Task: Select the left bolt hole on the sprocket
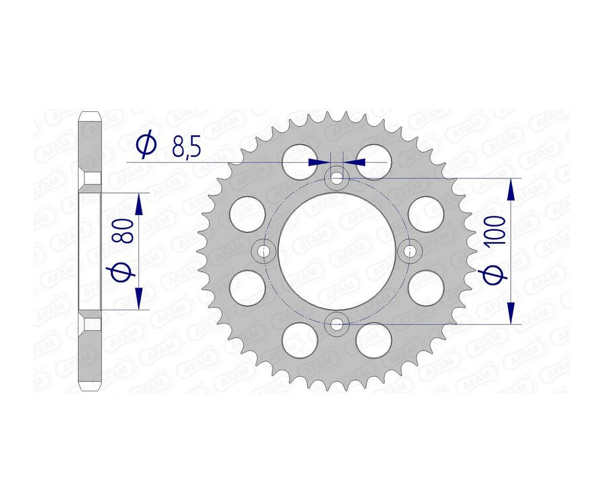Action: (264, 252)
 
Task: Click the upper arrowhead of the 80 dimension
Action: (139, 204)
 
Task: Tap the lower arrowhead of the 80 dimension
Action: (139, 298)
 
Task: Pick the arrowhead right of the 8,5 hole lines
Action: (354, 162)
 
